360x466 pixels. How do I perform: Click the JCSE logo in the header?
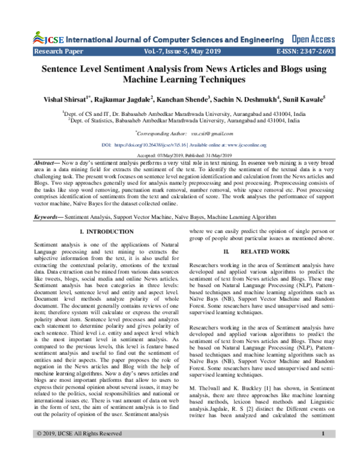[45, 39]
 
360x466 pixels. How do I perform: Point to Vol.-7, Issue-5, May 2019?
[181, 52]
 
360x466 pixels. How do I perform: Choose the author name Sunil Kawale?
[303, 98]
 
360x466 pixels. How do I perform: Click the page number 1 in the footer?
[323, 450]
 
